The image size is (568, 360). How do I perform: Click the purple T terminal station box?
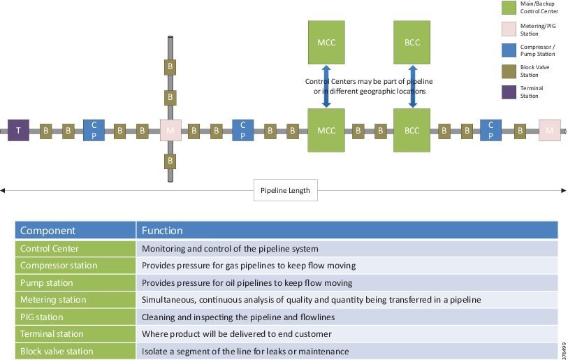(x=18, y=130)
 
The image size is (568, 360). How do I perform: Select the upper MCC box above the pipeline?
(x=326, y=42)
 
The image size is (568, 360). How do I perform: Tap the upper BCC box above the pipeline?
(x=412, y=42)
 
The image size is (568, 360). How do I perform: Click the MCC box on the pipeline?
(x=326, y=130)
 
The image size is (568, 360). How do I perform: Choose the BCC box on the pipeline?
(x=412, y=130)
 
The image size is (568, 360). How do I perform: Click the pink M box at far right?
(x=549, y=130)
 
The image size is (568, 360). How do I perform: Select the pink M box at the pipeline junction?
(x=170, y=130)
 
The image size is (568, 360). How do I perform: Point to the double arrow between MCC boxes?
(x=326, y=86)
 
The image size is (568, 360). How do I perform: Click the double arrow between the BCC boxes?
(x=412, y=86)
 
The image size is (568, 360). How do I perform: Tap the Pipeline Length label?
(x=285, y=190)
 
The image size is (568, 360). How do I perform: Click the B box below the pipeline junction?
(x=170, y=161)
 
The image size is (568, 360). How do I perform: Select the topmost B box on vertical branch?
(x=170, y=67)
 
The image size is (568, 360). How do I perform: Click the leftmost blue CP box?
(x=94, y=130)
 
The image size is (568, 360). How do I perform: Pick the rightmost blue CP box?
(x=490, y=130)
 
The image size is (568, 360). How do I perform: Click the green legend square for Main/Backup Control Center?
(x=509, y=8)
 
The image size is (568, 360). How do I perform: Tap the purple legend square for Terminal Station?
(x=509, y=92)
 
